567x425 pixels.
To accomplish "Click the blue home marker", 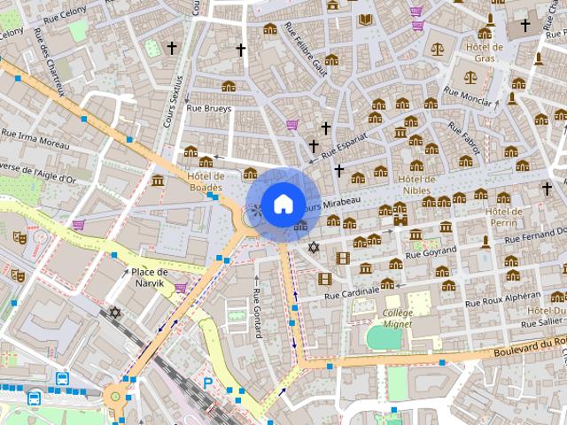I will tap(282, 204).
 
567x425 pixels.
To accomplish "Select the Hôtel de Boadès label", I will tap(206, 182).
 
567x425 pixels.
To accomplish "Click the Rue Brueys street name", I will tap(208, 109).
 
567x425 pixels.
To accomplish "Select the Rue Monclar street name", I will tap(467, 95).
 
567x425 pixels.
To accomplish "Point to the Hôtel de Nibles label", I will tap(417, 184).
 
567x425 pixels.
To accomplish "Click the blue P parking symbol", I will tap(208, 383).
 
